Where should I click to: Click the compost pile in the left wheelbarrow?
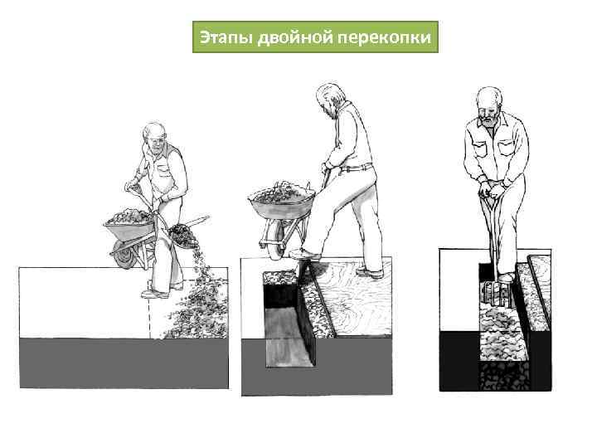(x=128, y=217)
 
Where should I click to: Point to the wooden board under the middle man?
(x=357, y=290)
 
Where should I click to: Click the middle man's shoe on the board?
(x=369, y=271)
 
